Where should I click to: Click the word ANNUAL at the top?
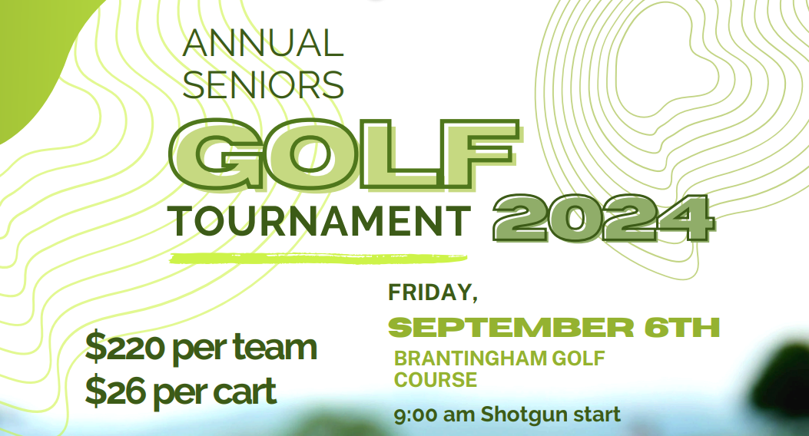[x=263, y=43]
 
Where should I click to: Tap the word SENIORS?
[x=263, y=85]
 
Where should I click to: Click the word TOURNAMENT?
[x=321, y=220]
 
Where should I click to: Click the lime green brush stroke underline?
[x=318, y=258]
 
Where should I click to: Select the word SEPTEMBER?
[x=511, y=327]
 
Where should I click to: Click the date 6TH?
[x=682, y=327]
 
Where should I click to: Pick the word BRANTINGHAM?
[x=470, y=358]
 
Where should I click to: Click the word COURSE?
[x=436, y=380]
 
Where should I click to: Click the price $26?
[x=116, y=391]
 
